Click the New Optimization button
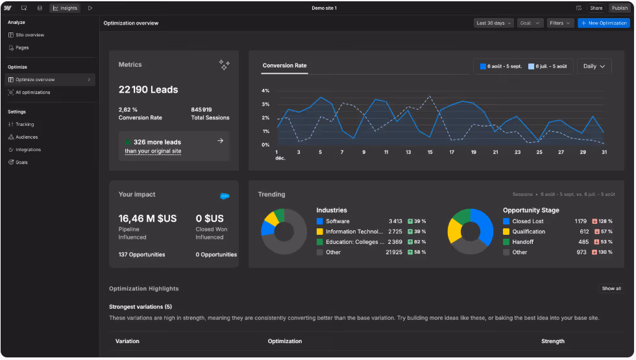pyautogui.click(x=604, y=23)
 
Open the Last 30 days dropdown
pyautogui.click(x=493, y=23)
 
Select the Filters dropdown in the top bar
pyautogui.click(x=560, y=23)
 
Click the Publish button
pyautogui.click(x=619, y=8)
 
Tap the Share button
pyautogui.click(x=596, y=8)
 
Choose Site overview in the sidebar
pyautogui.click(x=30, y=35)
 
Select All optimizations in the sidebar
pyautogui.click(x=32, y=92)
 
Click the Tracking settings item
pyautogui.click(x=25, y=125)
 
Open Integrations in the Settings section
pyautogui.click(x=28, y=150)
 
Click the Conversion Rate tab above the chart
pyautogui.click(x=284, y=66)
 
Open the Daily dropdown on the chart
pyautogui.click(x=594, y=66)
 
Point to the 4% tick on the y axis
pyautogui.click(x=265, y=91)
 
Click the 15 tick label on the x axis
pyautogui.click(x=430, y=152)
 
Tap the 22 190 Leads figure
pyautogui.click(x=148, y=90)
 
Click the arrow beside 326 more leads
pyautogui.click(x=220, y=141)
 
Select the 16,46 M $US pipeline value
pyautogui.click(x=147, y=219)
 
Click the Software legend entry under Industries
pyautogui.click(x=337, y=221)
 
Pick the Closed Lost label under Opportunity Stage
pyautogui.click(x=528, y=221)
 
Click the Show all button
pyautogui.click(x=611, y=289)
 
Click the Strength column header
pyautogui.click(x=552, y=341)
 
